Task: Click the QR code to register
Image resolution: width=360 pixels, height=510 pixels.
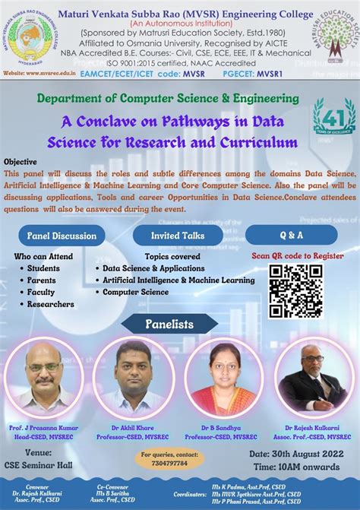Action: tap(295, 290)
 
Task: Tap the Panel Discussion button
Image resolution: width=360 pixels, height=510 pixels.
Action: tap(62, 236)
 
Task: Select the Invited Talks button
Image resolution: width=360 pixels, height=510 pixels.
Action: tap(177, 236)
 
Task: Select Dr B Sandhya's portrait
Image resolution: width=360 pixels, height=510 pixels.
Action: tap(223, 378)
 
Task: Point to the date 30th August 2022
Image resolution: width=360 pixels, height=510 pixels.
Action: tap(297, 454)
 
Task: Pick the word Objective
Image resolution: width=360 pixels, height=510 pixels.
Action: tap(21, 162)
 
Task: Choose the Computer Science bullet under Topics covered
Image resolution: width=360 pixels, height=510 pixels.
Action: tap(135, 292)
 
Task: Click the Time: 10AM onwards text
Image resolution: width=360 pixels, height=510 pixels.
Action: tap(296, 466)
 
